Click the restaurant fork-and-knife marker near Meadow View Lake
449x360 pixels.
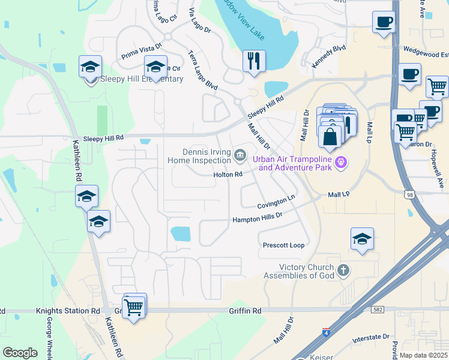(254, 61)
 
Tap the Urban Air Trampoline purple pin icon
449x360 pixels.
(342, 161)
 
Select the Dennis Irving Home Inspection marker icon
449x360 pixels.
(240, 156)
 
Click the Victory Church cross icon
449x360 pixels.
(343, 270)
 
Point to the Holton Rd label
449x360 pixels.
(228, 175)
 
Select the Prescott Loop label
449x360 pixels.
(284, 245)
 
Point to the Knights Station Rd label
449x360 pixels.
(68, 311)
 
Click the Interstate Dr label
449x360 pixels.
(371, 338)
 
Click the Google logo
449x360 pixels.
(20, 353)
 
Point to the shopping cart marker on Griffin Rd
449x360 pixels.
(134, 306)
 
